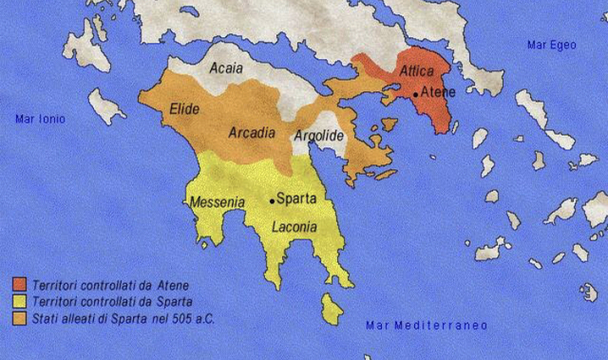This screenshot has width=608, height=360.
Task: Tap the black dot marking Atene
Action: [415, 93]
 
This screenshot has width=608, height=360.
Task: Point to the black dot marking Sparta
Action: [272, 200]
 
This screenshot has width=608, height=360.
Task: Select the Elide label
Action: [183, 111]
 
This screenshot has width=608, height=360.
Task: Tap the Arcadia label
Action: [252, 134]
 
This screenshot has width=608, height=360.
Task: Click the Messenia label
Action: [218, 202]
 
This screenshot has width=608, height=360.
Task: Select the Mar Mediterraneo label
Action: [427, 326]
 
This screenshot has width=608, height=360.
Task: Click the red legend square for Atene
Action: [18, 285]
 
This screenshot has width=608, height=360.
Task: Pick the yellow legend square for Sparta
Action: [18, 302]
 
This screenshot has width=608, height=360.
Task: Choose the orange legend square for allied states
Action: [18, 318]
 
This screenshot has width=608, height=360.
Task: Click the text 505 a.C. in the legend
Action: [194, 318]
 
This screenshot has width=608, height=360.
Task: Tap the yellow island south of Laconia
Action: [332, 308]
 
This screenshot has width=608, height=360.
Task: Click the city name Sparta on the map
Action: [297, 200]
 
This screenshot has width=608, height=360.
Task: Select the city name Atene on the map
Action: [439, 93]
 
